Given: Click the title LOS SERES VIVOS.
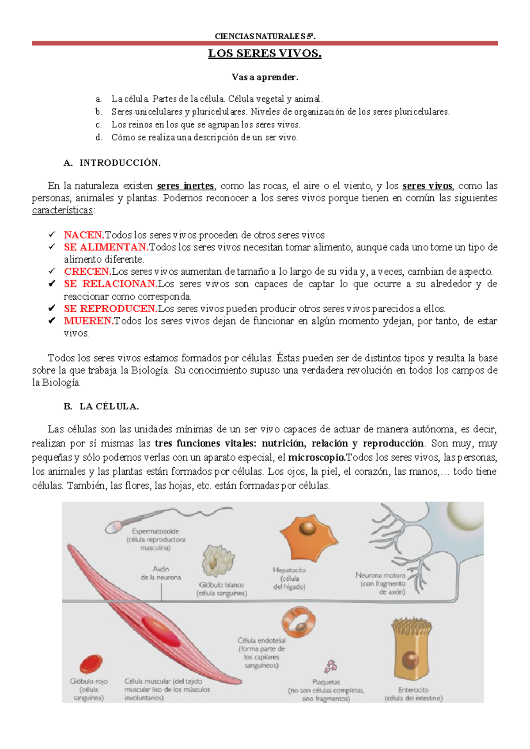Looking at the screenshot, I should click(265, 54).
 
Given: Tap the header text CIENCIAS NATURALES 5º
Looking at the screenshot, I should click(265, 36).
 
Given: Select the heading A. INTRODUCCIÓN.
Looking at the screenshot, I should click(112, 163).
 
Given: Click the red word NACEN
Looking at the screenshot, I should click(84, 235).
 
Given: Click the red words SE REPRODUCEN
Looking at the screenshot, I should click(110, 309).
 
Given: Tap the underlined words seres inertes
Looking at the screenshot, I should click(185, 186).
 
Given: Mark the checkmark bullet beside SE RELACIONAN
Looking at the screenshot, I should click(52, 284).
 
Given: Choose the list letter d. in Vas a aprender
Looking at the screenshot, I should click(99, 137).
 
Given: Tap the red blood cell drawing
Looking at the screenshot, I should click(91, 664).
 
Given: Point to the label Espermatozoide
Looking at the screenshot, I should click(155, 531).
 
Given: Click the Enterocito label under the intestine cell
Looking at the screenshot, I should click(413, 690).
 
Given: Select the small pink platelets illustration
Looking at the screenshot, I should click(330, 666).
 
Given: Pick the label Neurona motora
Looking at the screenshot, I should click(380, 575).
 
